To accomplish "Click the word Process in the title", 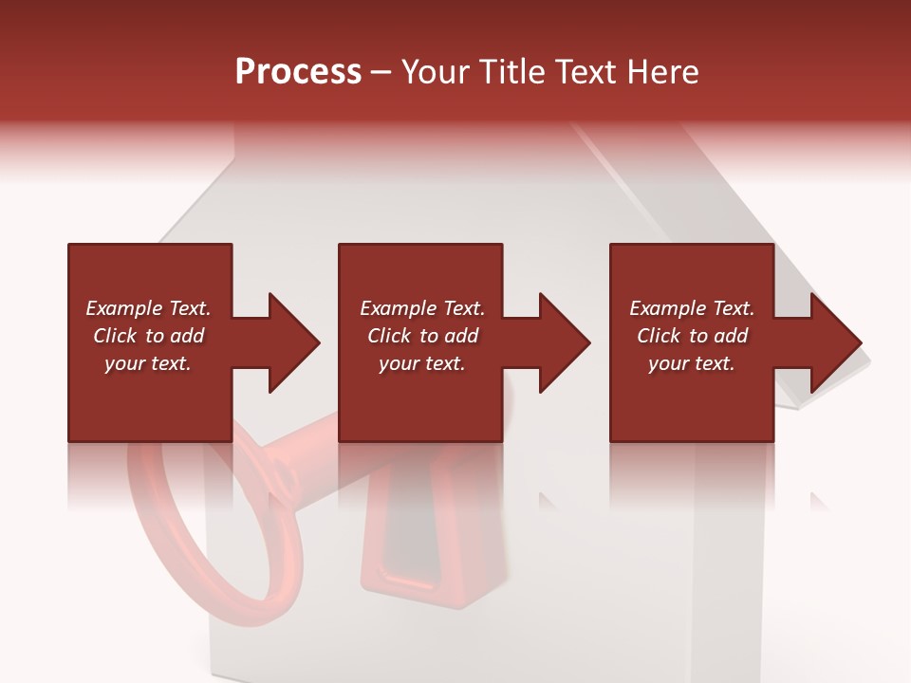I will tap(298, 72).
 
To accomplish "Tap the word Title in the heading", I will tap(513, 72).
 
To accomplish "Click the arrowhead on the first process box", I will tap(290, 342).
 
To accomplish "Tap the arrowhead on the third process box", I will tap(833, 342).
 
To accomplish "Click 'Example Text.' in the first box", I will tap(149, 308).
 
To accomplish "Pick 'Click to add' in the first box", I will tap(149, 336).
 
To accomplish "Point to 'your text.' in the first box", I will tap(149, 363).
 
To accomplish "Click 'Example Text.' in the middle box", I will tap(422, 308).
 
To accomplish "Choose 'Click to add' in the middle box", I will tap(422, 336).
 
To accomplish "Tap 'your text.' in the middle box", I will tap(422, 363).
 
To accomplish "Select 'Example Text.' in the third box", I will tap(692, 308).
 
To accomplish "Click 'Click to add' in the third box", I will tap(692, 336).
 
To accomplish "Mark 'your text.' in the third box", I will tap(692, 363).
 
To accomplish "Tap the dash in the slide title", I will tap(381, 72).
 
